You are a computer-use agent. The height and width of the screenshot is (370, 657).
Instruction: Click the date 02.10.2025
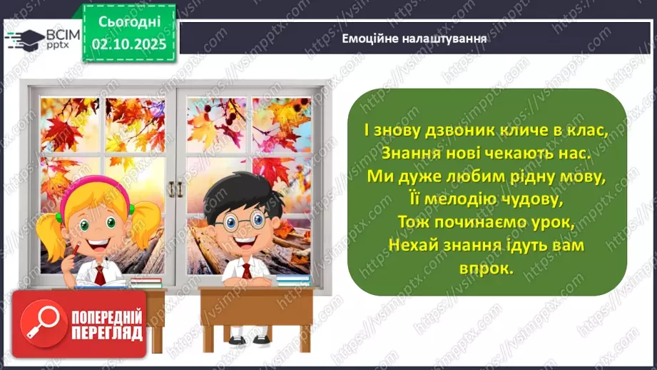129,44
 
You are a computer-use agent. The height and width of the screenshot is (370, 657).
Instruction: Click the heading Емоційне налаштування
414,39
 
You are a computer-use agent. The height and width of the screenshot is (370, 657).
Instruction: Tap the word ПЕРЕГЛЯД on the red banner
107,333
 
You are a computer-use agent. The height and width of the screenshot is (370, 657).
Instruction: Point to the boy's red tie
247,271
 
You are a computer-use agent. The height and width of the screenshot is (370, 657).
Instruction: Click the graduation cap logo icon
23,38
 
